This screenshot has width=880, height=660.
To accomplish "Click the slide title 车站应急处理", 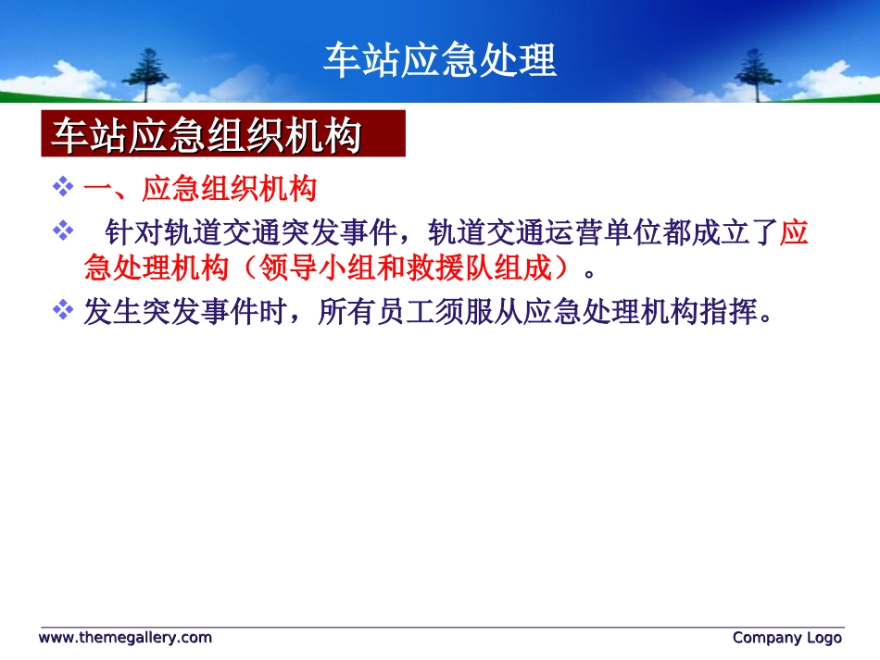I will click(440, 61).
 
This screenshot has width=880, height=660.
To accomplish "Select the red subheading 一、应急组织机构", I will click(199, 189).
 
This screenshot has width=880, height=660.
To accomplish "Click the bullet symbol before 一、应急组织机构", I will click(63, 188).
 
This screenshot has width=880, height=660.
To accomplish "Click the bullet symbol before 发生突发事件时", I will click(63, 311).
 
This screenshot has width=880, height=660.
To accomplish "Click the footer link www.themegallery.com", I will click(125, 638).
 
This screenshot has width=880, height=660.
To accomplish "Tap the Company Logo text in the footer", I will click(787, 638).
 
